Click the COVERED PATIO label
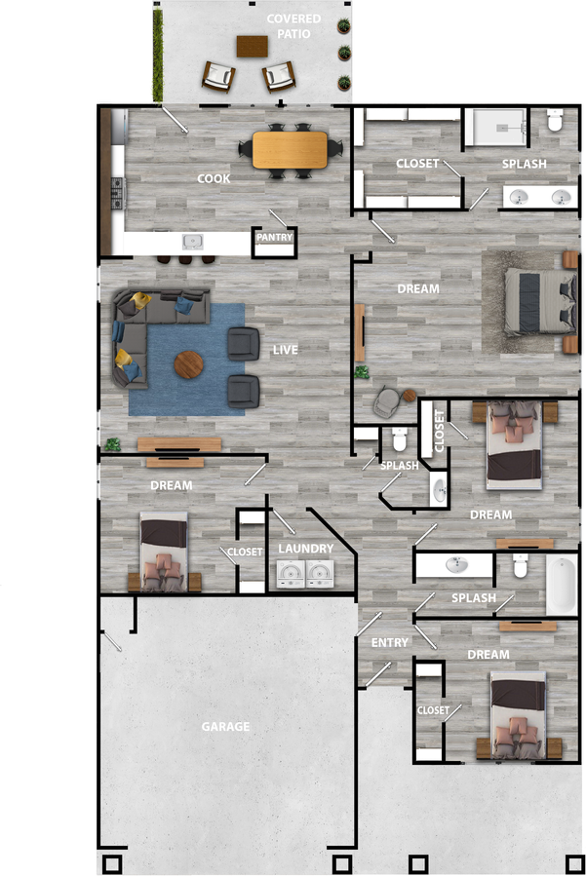pyautogui.click(x=293, y=26)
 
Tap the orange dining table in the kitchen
pyautogui.click(x=291, y=149)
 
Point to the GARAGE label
pyautogui.click(x=225, y=726)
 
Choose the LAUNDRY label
pyautogui.click(x=305, y=549)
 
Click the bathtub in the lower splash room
pyautogui.click(x=563, y=584)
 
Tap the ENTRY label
pyautogui.click(x=390, y=643)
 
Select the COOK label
pyautogui.click(x=214, y=178)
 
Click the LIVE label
pyautogui.click(x=286, y=349)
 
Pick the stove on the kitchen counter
pyautogui.click(x=118, y=192)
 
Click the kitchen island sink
pyautogui.click(x=192, y=241)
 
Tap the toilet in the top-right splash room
pyautogui.click(x=556, y=122)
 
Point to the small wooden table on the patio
pyautogui.click(x=252, y=45)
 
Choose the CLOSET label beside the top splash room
pyautogui.click(x=417, y=163)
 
